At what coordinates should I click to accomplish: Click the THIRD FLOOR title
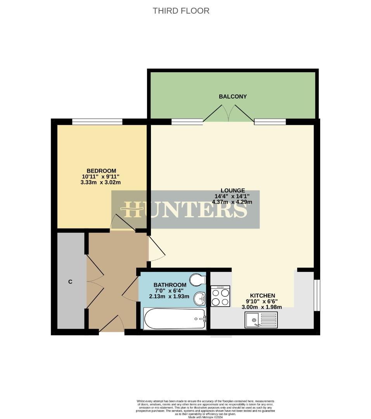pos(181,11)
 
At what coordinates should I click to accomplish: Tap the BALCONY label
pos(233,97)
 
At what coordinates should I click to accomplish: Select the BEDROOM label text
pos(101,171)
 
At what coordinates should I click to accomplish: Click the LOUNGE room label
pos(233,190)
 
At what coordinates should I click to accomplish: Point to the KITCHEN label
pos(262,296)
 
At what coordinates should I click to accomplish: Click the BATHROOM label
pos(170,285)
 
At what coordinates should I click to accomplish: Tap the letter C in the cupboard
pos(70,282)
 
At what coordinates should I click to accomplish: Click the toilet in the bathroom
pos(198,279)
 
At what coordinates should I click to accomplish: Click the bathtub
pos(175,319)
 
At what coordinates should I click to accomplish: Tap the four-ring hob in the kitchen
pos(220,296)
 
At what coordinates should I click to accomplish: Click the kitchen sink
pos(260,320)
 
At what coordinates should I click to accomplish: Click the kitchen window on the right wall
pos(317,295)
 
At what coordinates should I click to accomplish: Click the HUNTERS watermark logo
pos(185,209)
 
